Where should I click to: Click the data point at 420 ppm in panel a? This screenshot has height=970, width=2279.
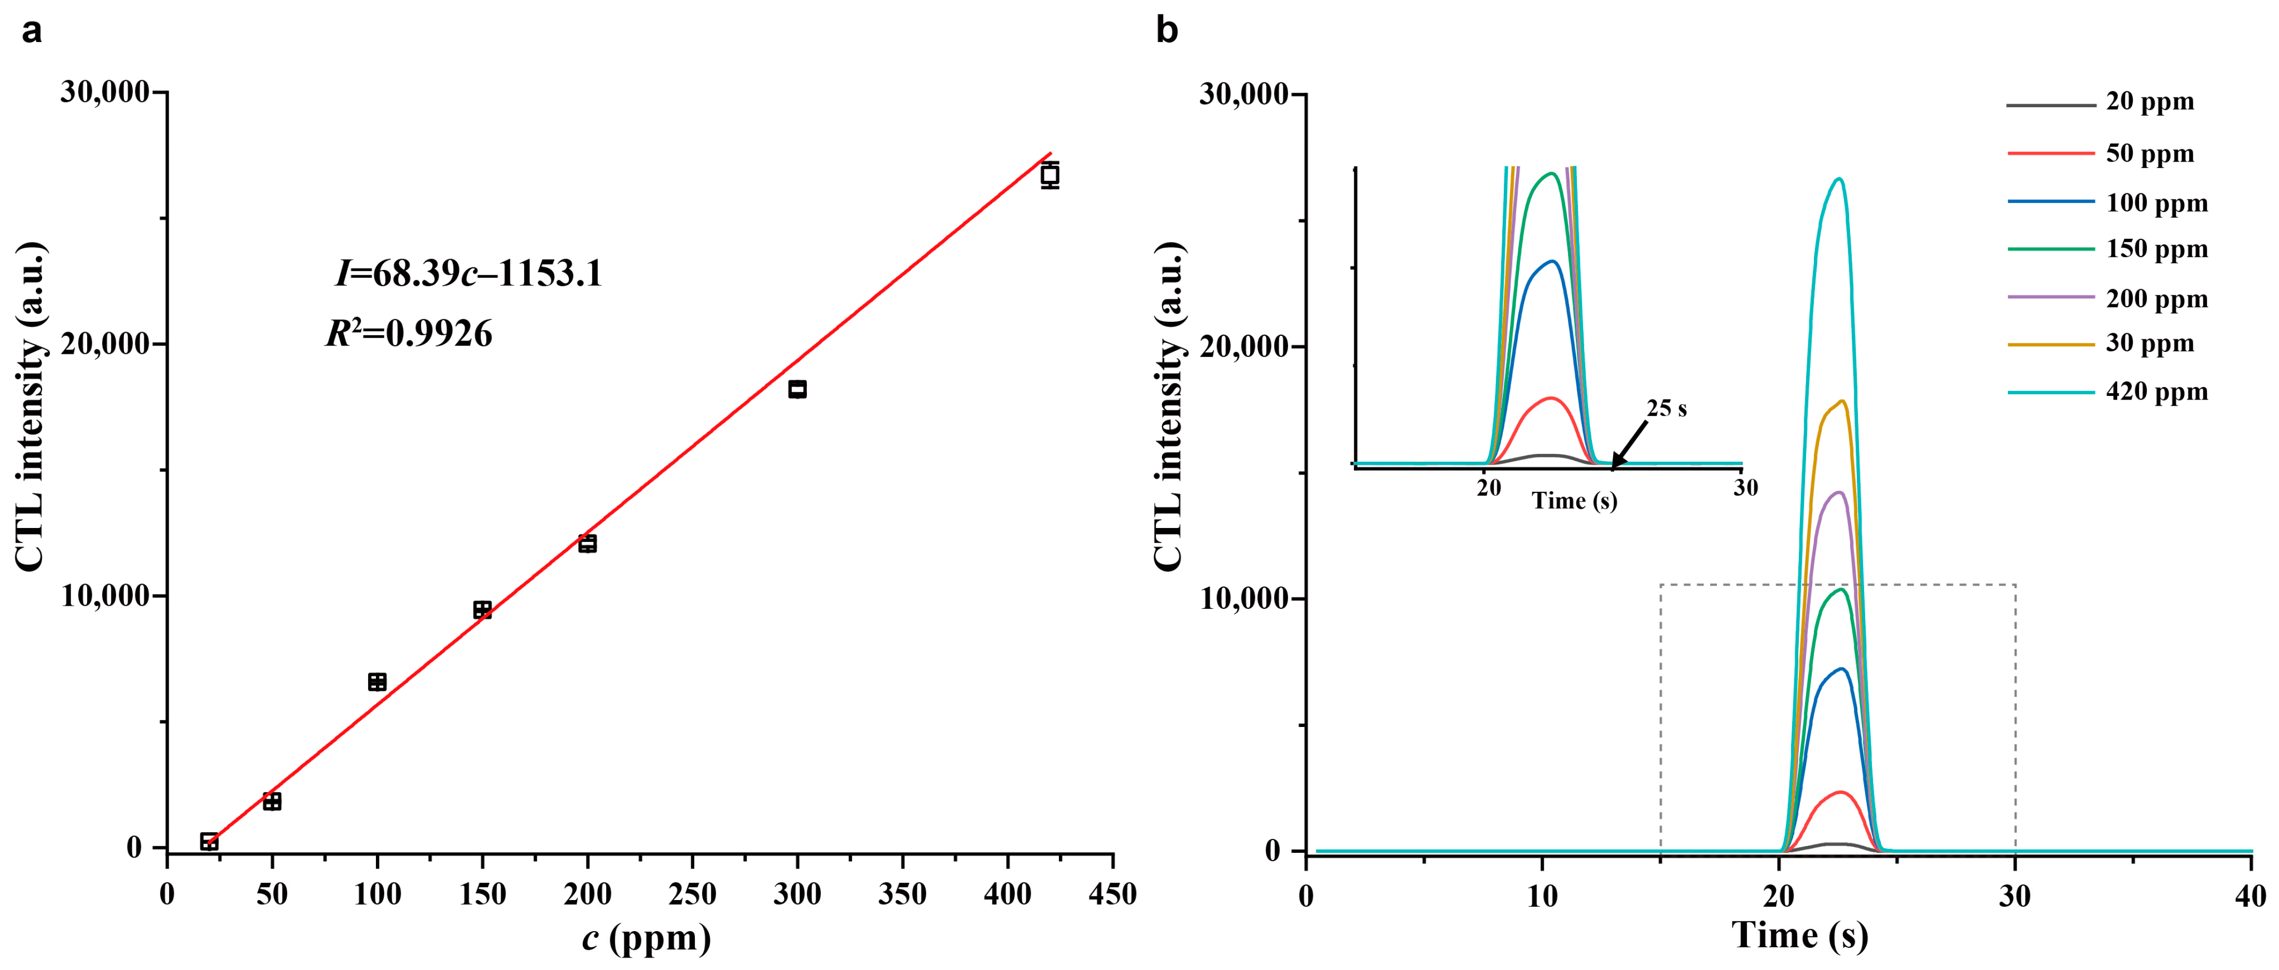pos(1049,175)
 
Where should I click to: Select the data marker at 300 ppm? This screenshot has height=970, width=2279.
pos(797,389)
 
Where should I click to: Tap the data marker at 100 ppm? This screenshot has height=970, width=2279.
pos(377,682)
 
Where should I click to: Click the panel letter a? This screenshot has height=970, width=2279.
pos(31,31)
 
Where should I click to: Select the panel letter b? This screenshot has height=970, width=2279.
pos(1167,31)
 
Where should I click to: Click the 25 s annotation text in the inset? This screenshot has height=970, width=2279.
pos(1666,408)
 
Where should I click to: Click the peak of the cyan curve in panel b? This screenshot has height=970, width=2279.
pos(1840,179)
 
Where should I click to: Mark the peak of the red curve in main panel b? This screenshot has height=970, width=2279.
pos(1841,792)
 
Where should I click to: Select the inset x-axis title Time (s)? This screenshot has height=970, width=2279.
pos(1575,502)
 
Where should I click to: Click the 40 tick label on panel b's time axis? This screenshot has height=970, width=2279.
pos(2250,896)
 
